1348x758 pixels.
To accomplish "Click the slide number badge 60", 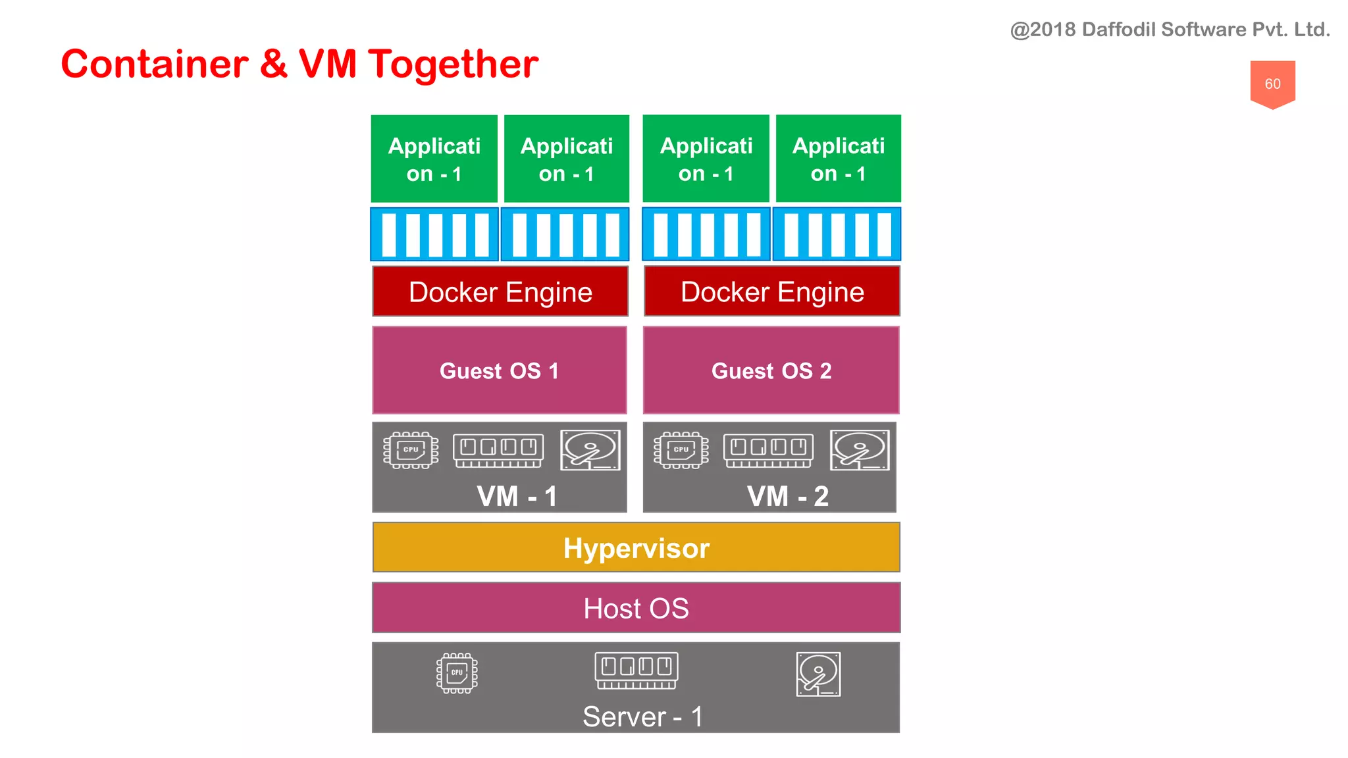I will [x=1272, y=84].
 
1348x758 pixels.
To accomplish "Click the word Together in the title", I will [x=452, y=64].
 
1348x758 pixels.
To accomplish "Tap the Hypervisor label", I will [x=636, y=548].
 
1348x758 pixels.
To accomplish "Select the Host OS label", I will [x=636, y=608].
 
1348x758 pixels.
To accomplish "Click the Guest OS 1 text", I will [x=499, y=371].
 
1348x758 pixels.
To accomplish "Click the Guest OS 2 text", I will [x=771, y=371].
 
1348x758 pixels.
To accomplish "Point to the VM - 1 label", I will [x=517, y=496].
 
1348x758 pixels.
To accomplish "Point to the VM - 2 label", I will [x=787, y=496].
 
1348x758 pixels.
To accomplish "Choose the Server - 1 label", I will [x=642, y=717].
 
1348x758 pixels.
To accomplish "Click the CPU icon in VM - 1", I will [x=411, y=450].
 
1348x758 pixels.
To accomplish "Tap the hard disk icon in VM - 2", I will [x=860, y=450].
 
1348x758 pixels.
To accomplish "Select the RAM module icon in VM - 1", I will [x=498, y=450].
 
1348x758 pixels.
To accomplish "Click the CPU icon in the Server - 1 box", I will [x=457, y=672].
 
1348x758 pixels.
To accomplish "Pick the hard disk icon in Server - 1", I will [x=818, y=674].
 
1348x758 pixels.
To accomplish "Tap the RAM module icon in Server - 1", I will [x=636, y=670].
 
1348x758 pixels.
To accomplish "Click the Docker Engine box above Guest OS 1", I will [x=500, y=291].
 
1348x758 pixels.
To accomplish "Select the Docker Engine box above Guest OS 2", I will [x=771, y=291].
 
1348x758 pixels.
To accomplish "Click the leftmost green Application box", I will [x=434, y=159].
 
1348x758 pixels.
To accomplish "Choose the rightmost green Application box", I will [x=838, y=159].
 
